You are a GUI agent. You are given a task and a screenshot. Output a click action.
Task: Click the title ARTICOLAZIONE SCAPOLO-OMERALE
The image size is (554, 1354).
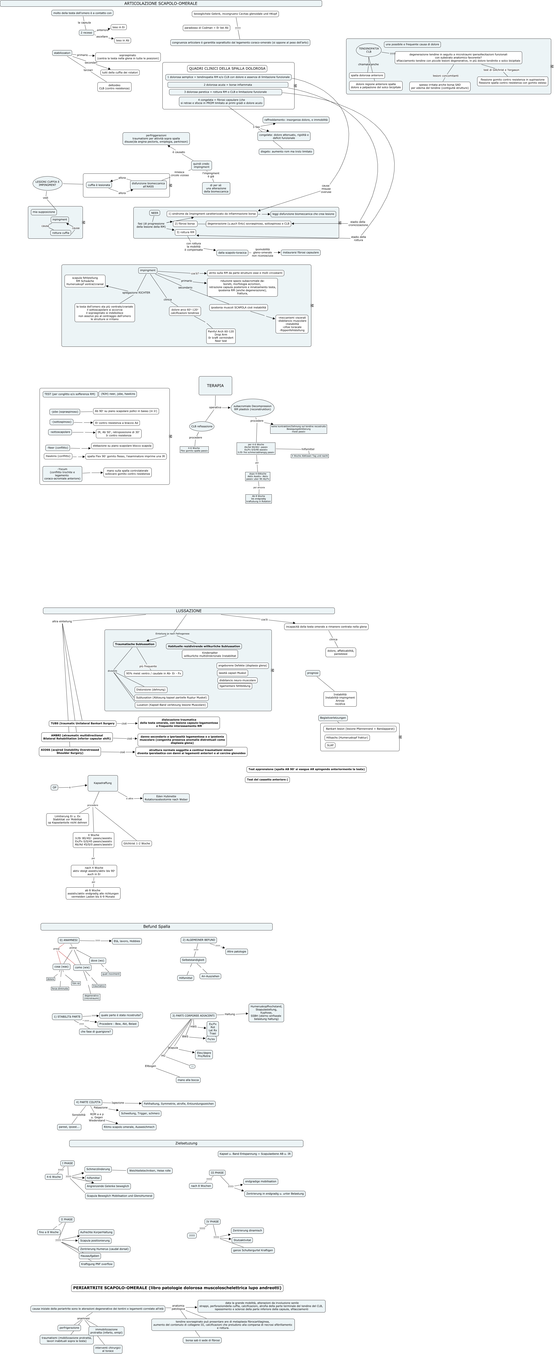[x=161, y=4]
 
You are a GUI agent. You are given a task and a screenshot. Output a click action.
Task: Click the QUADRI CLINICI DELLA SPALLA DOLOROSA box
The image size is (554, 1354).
[x=227, y=69]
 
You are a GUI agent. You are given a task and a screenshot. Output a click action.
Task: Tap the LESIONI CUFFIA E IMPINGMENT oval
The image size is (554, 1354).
[x=47, y=183]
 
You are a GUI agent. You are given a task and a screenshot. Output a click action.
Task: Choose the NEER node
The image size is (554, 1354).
[x=154, y=213]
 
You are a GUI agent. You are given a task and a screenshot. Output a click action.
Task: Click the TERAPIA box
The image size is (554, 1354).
[x=215, y=385]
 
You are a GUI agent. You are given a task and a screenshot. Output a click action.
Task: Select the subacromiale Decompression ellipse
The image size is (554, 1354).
[x=252, y=407]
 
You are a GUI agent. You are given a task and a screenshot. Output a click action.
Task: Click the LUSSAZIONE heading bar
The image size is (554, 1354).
[x=189, y=611]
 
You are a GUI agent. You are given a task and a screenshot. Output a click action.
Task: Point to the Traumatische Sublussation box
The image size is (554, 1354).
[x=134, y=644]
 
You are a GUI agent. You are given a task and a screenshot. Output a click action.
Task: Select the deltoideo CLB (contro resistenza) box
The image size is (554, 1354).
[x=114, y=87]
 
